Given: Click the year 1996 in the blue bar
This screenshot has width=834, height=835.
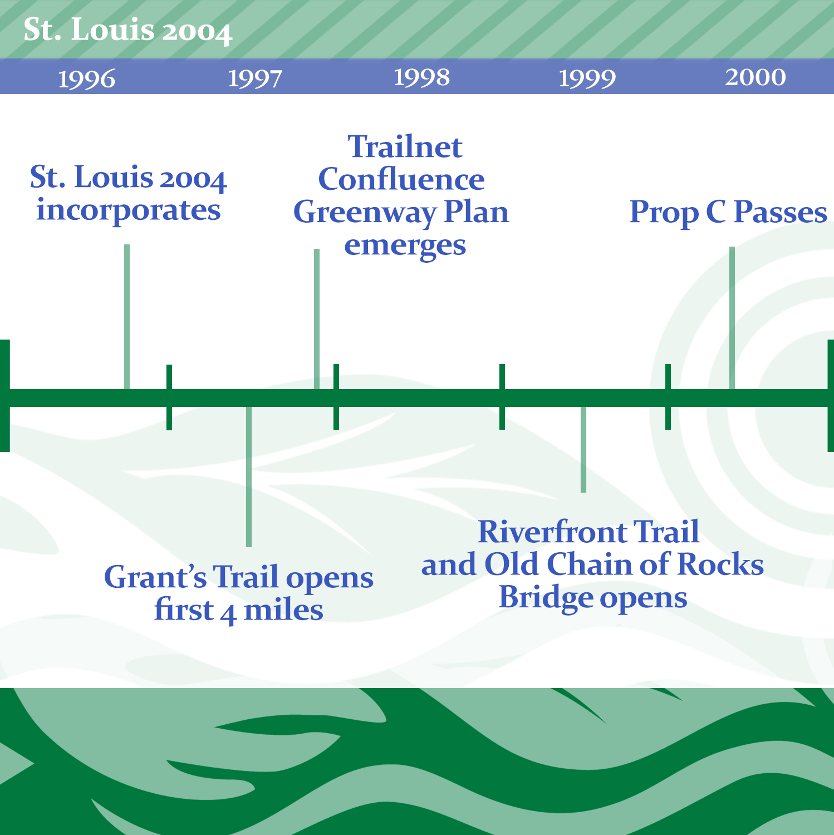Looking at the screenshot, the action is coord(87,78).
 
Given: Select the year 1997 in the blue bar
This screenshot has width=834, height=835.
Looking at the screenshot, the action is coord(256,78).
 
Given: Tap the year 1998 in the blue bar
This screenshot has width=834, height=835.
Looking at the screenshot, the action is coord(422,77).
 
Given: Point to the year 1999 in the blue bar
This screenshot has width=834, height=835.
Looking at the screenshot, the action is coord(587,78).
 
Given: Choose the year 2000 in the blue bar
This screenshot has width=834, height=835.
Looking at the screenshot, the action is coord(755,77).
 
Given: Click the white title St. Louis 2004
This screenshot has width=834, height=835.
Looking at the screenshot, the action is coord(127,30).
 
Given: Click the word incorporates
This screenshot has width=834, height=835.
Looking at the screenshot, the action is coord(129,211).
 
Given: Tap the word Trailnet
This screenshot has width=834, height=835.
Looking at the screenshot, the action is coord(405,147).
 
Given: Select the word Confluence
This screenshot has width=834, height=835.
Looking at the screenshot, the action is coord(401,179).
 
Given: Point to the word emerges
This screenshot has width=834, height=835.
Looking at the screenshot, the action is coord(405,246).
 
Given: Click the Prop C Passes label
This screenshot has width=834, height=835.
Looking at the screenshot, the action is coord(728,213).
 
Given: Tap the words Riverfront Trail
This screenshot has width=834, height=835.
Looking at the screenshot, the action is coord(588,532).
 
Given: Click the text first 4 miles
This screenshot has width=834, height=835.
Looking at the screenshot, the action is coord(239,611).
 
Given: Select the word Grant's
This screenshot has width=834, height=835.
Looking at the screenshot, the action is coord(155,577).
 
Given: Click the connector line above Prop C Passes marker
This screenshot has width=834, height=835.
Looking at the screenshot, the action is coord(732,318).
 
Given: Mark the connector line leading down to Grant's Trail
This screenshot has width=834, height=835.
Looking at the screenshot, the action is coord(249,477).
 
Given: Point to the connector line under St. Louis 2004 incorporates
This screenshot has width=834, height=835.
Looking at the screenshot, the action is coord(127,317).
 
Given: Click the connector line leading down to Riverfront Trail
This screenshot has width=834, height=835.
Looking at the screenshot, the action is coord(583,450).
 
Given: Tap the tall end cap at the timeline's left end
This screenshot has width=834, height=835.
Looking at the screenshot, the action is coord(4,395).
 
